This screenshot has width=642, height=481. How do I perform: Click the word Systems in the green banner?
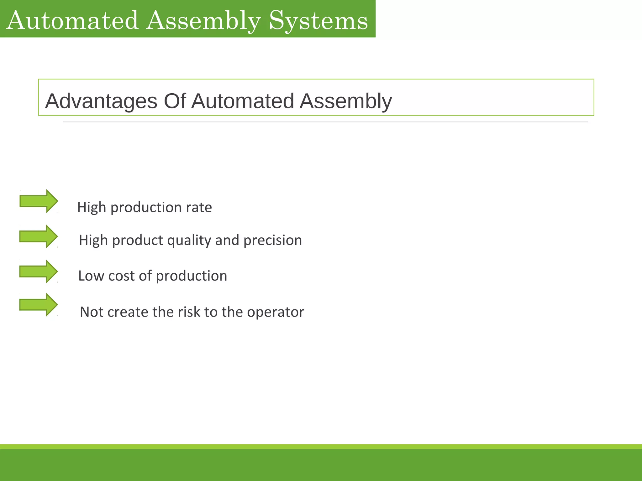tap(318, 21)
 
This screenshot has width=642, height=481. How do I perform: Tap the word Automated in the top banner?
tap(72, 21)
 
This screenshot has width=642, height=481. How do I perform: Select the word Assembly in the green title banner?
tap(203, 21)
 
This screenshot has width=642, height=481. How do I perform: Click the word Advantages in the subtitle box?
tap(101, 101)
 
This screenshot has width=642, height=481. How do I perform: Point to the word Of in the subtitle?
tap(175, 101)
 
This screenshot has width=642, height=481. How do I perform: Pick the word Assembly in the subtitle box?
tap(345, 101)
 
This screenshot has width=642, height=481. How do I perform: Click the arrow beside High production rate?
tap(39, 201)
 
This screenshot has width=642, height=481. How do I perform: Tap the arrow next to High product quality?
tap(38, 236)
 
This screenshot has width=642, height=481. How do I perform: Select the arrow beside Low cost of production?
tap(38, 272)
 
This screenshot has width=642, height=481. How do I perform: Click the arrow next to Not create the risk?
tap(38, 304)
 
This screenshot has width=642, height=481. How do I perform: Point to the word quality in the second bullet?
tap(189, 240)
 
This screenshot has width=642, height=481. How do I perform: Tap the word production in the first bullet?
tap(146, 207)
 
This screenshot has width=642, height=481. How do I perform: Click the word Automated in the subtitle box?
tap(242, 101)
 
